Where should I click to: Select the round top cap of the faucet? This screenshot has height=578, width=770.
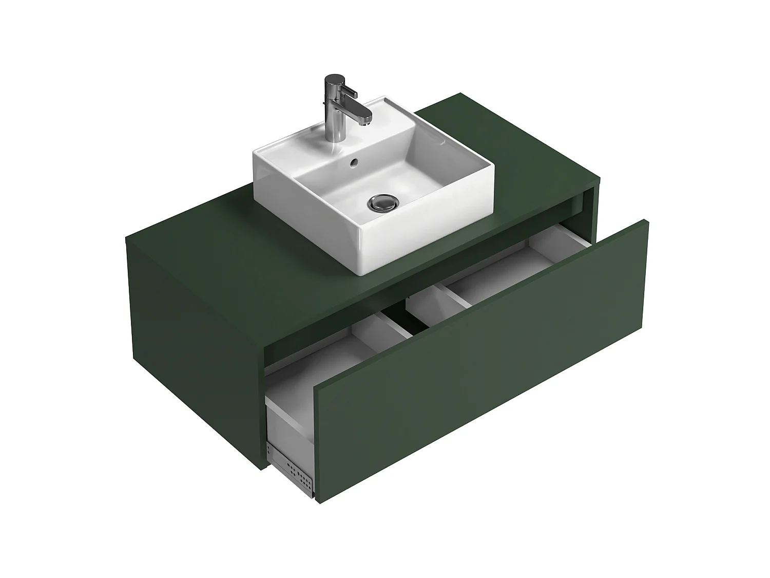pyautogui.click(x=334, y=79)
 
